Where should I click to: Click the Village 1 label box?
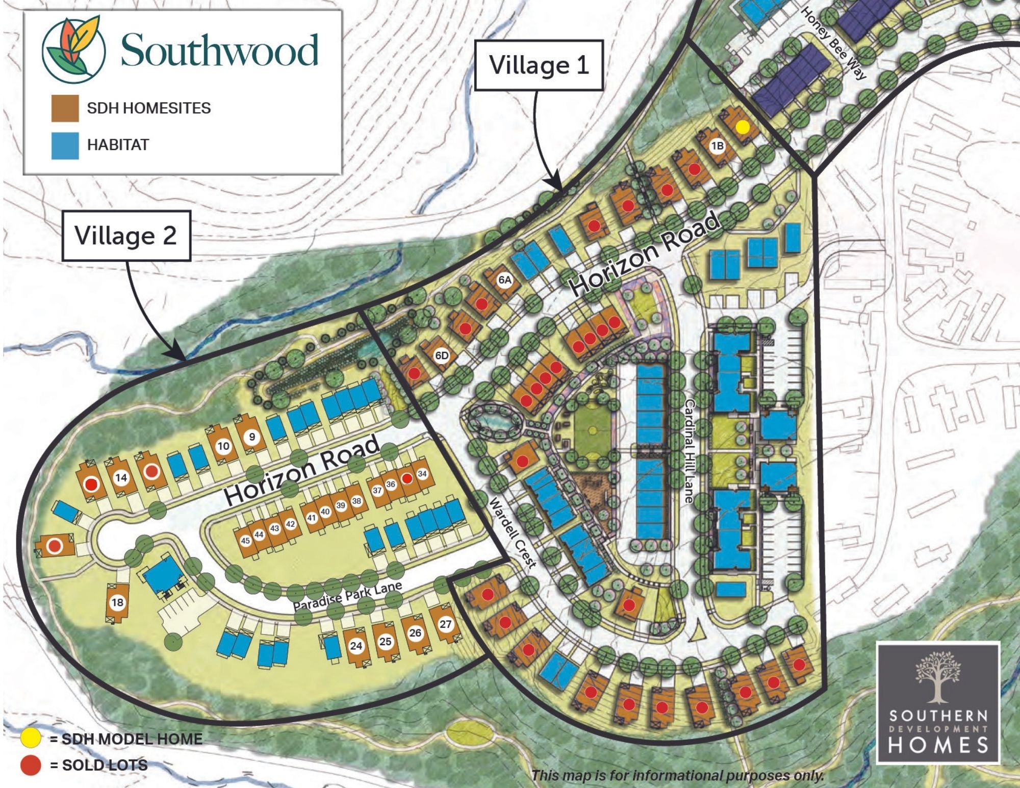click(x=539, y=65)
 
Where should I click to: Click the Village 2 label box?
click(x=126, y=236)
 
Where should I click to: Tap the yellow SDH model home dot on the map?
click(x=744, y=126)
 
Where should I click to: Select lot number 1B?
click(x=717, y=146)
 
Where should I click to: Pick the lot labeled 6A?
click(x=504, y=280)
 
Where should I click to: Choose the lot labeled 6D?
click(x=442, y=355)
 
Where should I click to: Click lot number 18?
click(x=117, y=602)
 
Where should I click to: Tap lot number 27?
click(x=445, y=624)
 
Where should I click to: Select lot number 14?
click(x=121, y=478)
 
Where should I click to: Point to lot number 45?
click(x=245, y=541)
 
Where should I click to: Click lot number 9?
click(x=251, y=437)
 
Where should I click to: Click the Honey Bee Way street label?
click(x=832, y=43)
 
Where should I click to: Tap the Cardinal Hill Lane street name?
click(x=690, y=451)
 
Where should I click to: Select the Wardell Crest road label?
click(x=513, y=533)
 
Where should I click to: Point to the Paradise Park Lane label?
click(x=347, y=595)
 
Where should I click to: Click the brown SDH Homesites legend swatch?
click(x=65, y=108)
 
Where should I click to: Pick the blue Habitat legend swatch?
click(x=65, y=145)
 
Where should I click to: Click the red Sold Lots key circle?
click(x=30, y=765)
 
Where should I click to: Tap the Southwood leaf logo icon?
click(x=74, y=49)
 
